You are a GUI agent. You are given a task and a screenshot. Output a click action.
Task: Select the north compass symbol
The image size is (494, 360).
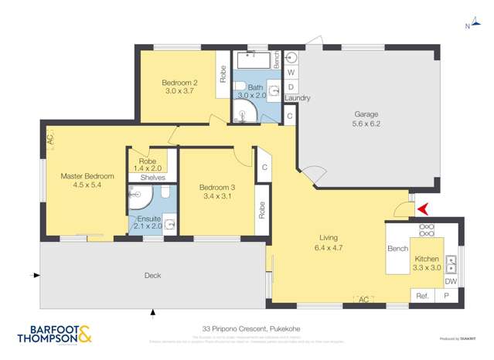[x=467, y=26]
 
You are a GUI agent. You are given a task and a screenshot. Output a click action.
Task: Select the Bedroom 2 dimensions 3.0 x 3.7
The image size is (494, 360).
[x=180, y=91]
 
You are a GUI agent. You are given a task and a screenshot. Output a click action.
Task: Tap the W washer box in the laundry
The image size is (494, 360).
[x=291, y=73]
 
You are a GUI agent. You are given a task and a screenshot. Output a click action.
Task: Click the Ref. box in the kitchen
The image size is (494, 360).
[x=422, y=296]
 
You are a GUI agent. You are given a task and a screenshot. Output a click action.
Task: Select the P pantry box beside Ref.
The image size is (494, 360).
[x=446, y=296]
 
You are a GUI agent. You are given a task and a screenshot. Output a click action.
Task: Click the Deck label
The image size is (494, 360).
[x=152, y=274]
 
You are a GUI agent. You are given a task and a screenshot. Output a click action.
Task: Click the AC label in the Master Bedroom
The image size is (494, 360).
[x=49, y=141]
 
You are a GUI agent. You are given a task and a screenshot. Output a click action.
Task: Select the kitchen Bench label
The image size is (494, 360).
[x=397, y=249]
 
